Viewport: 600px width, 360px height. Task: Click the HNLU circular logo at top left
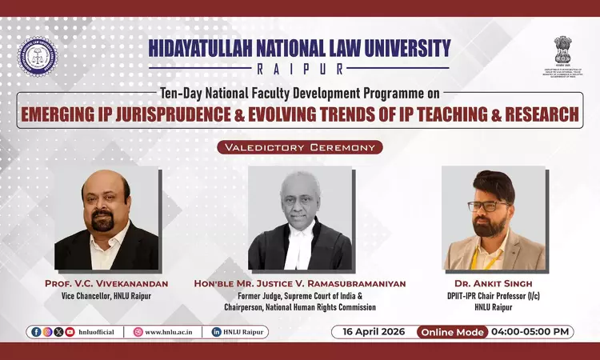38,56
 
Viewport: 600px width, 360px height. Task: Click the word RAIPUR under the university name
299,69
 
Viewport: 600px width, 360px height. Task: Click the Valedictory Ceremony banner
300,147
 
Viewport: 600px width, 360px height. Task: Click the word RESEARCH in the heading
541,114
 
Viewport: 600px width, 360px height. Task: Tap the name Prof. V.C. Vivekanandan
106,283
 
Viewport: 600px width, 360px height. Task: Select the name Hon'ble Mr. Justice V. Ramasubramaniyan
300,283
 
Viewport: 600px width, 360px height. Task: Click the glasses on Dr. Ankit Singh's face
486,205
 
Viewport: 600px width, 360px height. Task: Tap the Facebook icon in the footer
36,332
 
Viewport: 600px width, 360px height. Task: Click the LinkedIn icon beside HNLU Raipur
216,332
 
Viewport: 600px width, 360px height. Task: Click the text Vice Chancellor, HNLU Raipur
106,296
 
